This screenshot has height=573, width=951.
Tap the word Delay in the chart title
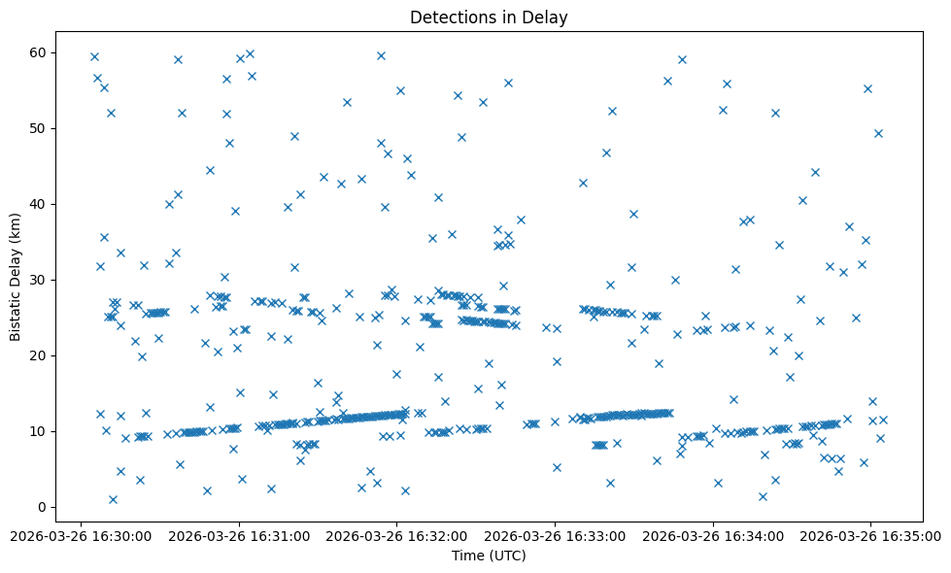click(548, 17)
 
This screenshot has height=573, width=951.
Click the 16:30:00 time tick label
click(83, 535)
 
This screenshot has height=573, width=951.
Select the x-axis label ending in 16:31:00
click(240, 535)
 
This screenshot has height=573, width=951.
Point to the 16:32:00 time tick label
click(397, 535)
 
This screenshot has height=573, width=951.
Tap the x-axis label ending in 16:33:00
click(556, 535)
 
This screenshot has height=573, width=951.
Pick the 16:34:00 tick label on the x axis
click(713, 535)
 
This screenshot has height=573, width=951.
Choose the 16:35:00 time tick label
click(870, 535)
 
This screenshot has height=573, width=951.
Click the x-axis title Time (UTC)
click(489, 556)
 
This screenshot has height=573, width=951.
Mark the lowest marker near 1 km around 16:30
click(113, 499)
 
